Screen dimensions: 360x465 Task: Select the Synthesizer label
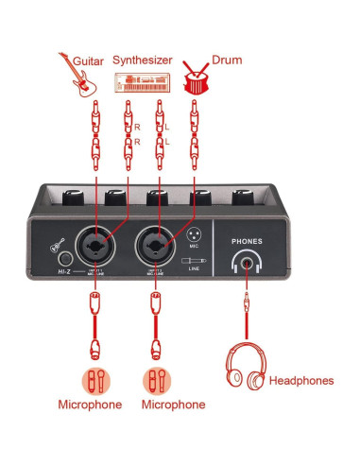coord(143,60)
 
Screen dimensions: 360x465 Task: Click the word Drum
coord(228,60)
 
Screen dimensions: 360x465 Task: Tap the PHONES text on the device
coord(249,242)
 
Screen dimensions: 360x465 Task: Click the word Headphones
coord(301,381)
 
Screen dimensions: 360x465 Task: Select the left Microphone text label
coord(90,405)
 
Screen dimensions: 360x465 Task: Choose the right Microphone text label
coord(172,405)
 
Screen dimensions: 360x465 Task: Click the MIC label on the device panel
coord(193,245)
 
